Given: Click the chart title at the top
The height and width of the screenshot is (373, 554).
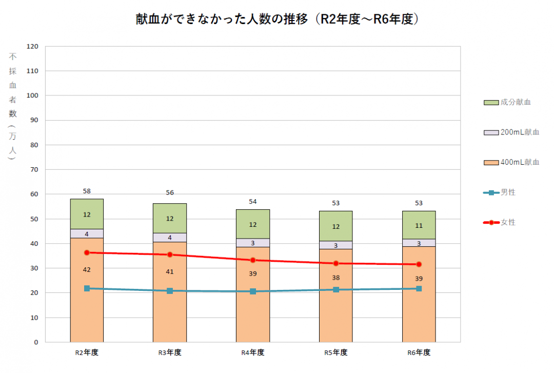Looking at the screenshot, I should pyautogui.click(x=278, y=19).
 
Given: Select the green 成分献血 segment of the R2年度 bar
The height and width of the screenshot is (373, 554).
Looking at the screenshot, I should pyautogui.click(x=87, y=214).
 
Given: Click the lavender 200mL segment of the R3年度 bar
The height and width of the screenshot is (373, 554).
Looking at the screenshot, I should pyautogui.click(x=170, y=238).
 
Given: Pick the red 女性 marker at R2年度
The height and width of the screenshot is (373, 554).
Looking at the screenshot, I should pyautogui.click(x=87, y=252).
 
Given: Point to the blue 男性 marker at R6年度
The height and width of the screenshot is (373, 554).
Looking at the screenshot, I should pyautogui.click(x=419, y=289).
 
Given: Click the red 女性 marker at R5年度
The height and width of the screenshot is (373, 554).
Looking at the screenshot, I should pyautogui.click(x=336, y=263).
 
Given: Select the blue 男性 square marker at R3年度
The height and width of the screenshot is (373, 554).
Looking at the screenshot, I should pyautogui.click(x=170, y=291).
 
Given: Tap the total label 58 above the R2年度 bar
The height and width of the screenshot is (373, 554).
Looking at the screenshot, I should pyautogui.click(x=87, y=191).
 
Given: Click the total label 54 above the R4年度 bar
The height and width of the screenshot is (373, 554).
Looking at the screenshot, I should pyautogui.click(x=253, y=202).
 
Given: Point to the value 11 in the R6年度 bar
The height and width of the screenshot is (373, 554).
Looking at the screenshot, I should pyautogui.click(x=419, y=225).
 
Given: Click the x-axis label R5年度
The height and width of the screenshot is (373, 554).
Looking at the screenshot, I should pyautogui.click(x=336, y=353).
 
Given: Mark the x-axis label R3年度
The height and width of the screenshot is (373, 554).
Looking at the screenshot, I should pyautogui.click(x=170, y=353).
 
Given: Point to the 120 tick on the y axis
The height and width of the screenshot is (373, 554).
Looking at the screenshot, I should pyautogui.click(x=33, y=47).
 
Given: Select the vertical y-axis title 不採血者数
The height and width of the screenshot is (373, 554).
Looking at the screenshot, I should pyautogui.click(x=13, y=106).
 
